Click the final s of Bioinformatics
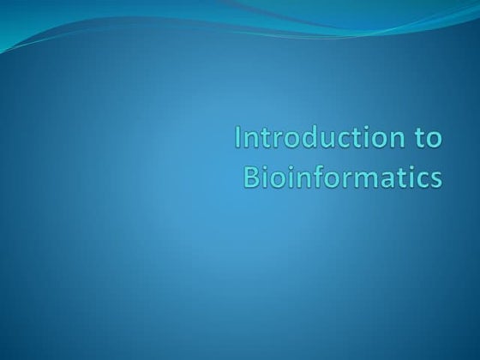(x=436, y=177)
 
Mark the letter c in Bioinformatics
(x=423, y=177)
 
